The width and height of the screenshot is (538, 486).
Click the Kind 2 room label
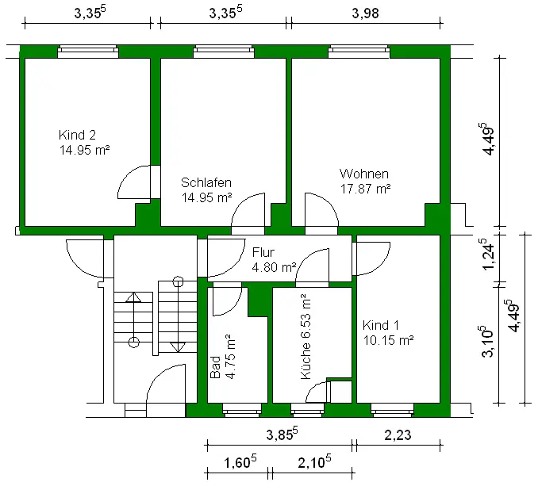(77, 135)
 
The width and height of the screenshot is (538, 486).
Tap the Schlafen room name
(206, 182)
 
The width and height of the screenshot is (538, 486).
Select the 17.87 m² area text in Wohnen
(366, 189)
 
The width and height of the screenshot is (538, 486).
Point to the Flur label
(263, 252)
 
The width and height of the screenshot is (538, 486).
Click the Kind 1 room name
(381, 325)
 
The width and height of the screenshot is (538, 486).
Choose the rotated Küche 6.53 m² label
(306, 337)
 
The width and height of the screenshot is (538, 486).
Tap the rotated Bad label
(215, 367)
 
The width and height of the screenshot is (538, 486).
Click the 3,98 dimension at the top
(366, 13)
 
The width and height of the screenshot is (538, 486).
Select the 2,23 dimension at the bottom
(398, 435)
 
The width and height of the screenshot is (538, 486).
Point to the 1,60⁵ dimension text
(240, 461)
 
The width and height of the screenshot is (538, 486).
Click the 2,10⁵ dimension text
(314, 461)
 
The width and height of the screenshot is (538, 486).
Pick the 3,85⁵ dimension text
(282, 434)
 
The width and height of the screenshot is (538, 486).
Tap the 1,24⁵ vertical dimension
(488, 254)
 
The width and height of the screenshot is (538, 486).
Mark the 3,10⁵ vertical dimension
(487, 342)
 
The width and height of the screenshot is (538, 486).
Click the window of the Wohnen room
(359, 52)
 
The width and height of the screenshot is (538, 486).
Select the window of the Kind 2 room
(88, 52)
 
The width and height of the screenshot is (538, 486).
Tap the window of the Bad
(242, 410)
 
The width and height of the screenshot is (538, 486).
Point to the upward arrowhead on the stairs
(133, 297)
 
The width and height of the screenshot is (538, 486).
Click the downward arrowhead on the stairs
(178, 346)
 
